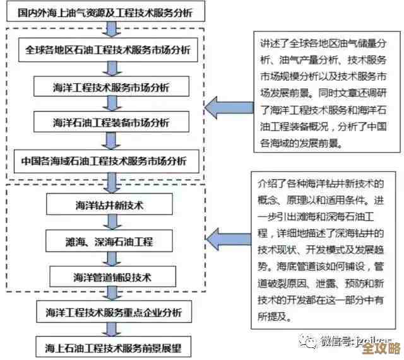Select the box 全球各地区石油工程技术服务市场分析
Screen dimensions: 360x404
coord(107,49)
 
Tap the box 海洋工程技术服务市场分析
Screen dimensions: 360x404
coord(110,86)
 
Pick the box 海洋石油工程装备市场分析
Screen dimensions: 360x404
coord(110,122)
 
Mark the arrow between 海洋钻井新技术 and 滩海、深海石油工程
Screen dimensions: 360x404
coord(111,223)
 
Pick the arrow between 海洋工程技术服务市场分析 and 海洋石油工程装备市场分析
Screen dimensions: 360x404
coord(111,104)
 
